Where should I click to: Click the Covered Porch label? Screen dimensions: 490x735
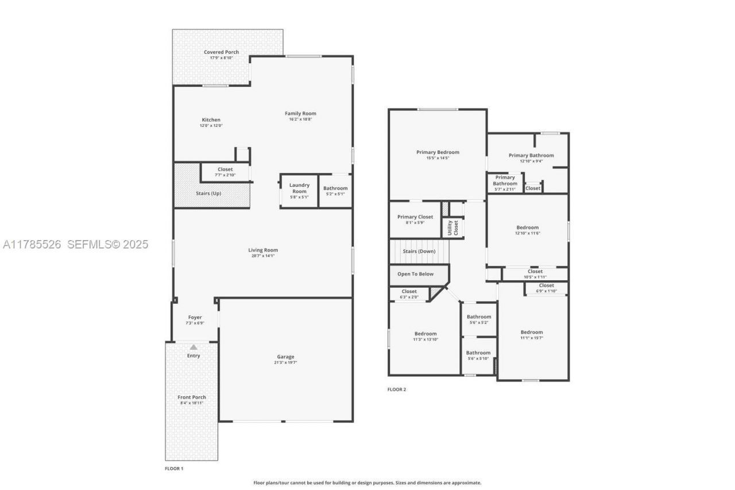(221, 52)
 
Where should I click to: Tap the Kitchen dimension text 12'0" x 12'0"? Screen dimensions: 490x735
(211, 125)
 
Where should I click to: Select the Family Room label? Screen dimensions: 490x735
(301, 113)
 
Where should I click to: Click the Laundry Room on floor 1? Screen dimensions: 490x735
(299, 190)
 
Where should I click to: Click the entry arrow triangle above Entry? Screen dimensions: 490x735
(194, 347)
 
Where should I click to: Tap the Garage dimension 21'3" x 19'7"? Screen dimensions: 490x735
(285, 362)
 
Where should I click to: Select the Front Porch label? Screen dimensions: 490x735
(192, 397)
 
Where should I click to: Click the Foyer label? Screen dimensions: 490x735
(195, 317)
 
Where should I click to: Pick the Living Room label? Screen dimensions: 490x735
(263, 250)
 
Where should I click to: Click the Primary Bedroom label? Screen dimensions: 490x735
(438, 152)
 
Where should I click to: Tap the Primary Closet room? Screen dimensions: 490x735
(415, 219)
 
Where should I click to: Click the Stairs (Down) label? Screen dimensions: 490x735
(419, 251)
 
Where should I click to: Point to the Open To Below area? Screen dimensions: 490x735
(415, 274)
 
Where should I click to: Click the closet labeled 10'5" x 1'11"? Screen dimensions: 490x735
(535, 274)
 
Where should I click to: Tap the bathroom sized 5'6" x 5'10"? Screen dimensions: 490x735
(478, 355)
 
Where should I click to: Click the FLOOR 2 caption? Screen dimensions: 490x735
(397, 389)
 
